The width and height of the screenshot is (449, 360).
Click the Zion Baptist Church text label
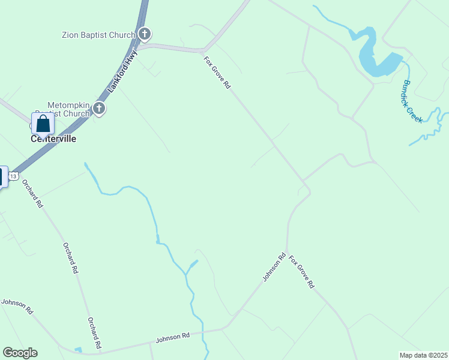pos(98,35)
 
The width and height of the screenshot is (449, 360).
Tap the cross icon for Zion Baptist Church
pos(144,34)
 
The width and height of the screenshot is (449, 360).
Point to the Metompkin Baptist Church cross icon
pos(99,109)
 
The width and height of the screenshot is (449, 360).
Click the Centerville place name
pos(53,139)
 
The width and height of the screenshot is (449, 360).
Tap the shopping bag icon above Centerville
pos(43,124)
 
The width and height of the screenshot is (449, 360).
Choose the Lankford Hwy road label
pos(122,71)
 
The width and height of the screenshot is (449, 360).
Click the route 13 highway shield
pos(14,175)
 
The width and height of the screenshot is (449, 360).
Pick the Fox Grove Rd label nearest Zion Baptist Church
pos(217,73)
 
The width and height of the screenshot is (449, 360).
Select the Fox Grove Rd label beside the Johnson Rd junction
pos(301,272)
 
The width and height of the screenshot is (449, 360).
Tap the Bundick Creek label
pos(413,101)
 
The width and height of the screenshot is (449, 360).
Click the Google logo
pos(20,353)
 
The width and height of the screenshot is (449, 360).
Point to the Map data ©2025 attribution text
pos(423,355)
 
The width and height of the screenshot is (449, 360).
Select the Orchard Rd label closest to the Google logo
pos(93,334)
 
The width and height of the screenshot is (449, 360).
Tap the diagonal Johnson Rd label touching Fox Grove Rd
pos(274,268)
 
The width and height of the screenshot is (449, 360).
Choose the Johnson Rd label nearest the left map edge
pos(17,304)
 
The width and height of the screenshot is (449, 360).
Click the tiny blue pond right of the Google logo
pos(78,350)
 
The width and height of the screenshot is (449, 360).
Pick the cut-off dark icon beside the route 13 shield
pos(2,176)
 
